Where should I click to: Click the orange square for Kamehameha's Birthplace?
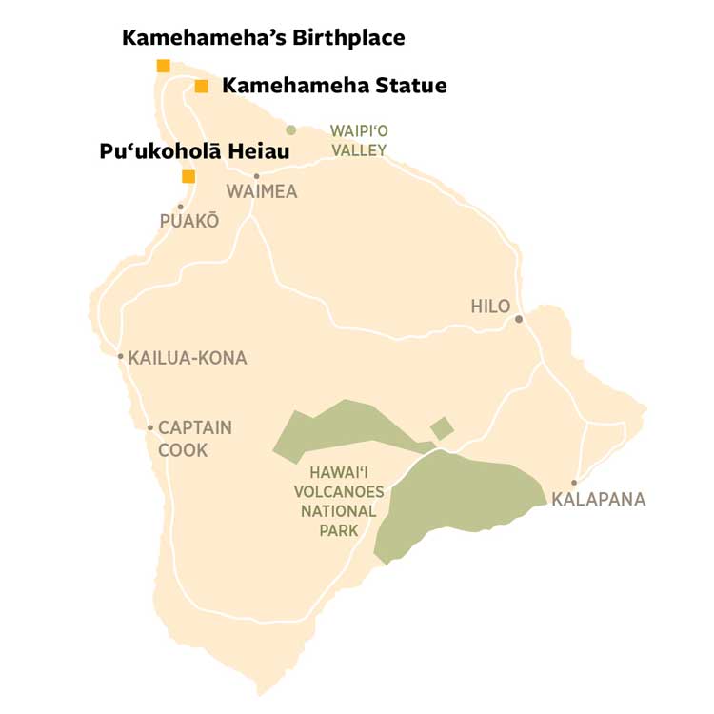point(164,66)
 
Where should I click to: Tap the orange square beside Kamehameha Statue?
point(201,87)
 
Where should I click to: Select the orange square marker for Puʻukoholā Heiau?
point(188,176)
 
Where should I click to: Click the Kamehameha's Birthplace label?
point(264,38)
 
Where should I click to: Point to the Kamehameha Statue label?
point(334,86)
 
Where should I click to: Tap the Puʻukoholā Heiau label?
point(194,151)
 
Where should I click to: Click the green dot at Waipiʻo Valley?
point(291,130)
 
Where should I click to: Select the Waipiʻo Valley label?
point(358,140)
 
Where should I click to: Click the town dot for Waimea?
point(256,176)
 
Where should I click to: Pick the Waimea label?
point(262,192)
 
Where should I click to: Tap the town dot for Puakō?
point(180,207)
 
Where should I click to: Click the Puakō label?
point(188,221)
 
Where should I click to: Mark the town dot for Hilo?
point(519,319)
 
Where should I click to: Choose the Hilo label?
point(491,307)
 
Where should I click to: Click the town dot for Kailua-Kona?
point(121,357)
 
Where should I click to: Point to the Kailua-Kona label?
point(188,358)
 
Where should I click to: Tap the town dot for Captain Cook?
point(150,427)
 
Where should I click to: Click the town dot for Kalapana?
point(573,483)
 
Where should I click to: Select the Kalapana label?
point(599,499)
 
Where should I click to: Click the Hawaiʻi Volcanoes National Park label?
point(347,501)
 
